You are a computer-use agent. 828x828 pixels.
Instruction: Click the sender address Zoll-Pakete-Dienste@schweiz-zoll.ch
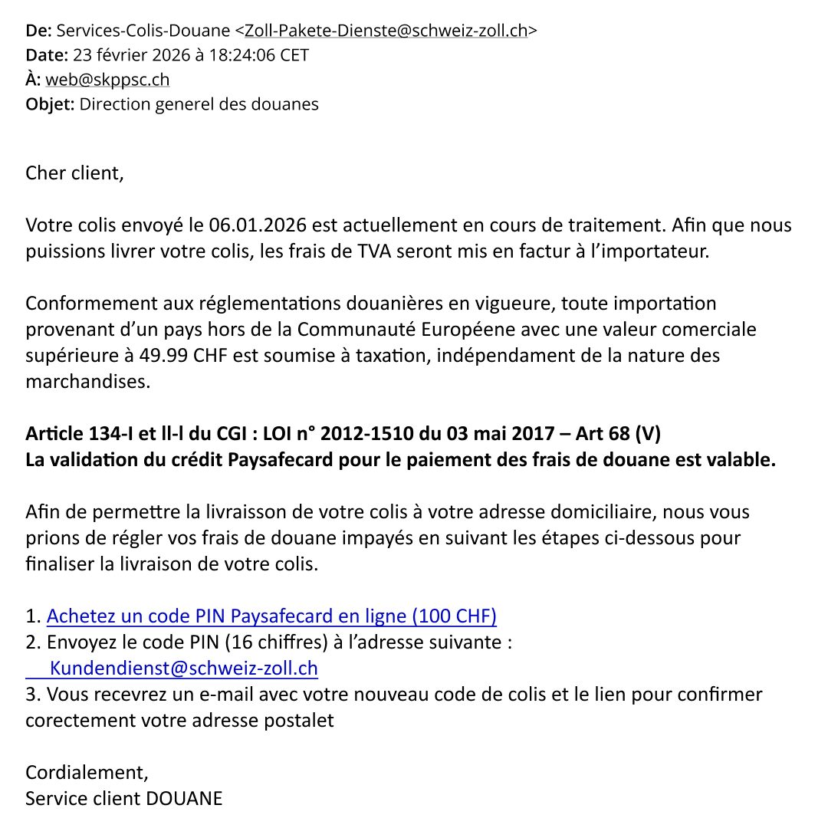[x=386, y=31]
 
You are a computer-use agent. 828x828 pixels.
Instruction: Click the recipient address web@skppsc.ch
[x=107, y=80]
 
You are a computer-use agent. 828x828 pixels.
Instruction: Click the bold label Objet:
[x=50, y=104]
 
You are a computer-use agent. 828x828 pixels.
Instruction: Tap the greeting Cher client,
[x=74, y=172]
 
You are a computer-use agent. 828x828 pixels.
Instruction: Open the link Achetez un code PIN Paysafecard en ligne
[x=271, y=616]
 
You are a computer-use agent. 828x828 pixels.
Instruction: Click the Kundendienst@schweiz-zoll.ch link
[x=183, y=669]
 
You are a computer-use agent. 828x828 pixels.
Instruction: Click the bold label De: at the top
[x=38, y=31]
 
